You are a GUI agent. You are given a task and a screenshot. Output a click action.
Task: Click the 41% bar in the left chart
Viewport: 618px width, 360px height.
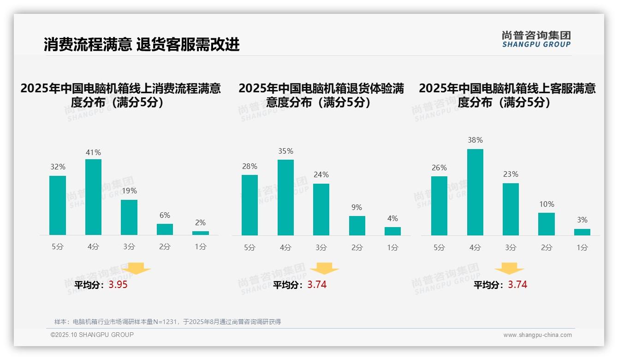tap(93, 197)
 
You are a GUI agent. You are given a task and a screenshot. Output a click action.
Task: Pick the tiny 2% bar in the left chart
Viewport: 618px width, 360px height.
tap(200, 233)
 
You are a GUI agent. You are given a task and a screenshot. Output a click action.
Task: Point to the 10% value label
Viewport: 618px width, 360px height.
tap(546, 204)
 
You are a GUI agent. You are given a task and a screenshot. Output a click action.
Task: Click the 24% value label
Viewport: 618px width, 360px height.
tap(321, 174)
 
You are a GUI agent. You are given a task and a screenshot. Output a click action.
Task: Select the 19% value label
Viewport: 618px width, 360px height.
tap(129, 191)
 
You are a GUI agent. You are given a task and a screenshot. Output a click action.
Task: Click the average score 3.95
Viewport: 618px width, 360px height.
tap(118, 285)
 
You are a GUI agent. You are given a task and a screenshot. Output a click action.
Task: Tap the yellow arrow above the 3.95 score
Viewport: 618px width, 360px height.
tap(136, 268)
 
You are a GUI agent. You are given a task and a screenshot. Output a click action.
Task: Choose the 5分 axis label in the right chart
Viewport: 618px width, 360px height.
tap(439, 247)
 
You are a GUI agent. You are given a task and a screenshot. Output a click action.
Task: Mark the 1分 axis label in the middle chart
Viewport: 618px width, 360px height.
tap(392, 247)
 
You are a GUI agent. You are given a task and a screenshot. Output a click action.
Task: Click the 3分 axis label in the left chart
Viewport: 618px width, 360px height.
tap(129, 247)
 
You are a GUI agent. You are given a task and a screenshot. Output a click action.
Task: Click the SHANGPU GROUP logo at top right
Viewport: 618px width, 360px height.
tap(536, 39)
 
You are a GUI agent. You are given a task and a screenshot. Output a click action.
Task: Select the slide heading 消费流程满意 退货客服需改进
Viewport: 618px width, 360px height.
tap(142, 45)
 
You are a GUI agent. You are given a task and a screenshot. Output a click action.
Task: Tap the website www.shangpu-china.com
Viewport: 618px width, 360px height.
tap(537, 335)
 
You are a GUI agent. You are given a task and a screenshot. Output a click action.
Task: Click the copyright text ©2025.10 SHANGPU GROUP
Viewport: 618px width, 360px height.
tap(92, 335)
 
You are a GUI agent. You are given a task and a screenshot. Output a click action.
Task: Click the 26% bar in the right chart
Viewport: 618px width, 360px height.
tap(439, 206)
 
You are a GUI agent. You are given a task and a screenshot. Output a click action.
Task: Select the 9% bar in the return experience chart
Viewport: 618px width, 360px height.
tap(357, 226)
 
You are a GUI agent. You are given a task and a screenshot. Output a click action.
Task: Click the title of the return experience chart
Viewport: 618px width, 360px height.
tap(321, 95)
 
